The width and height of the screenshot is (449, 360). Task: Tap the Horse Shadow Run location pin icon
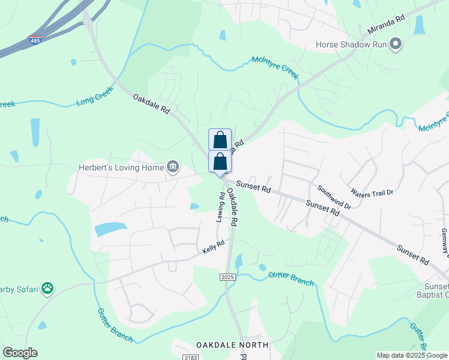point(396,44)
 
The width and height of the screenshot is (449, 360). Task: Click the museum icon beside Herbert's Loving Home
point(173,167)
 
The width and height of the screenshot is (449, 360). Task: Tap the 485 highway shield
point(35,41)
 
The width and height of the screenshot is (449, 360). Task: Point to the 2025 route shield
point(227,277)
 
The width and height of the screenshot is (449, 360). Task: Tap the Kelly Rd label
point(213,247)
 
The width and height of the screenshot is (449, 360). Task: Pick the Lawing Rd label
point(220,208)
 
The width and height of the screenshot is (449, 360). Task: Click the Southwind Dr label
point(334,197)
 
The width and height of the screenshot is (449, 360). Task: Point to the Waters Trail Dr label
point(372,193)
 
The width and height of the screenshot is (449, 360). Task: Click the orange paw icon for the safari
point(47,289)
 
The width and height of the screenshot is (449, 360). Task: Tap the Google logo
point(19,353)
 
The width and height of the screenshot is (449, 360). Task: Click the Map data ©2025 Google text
point(412,355)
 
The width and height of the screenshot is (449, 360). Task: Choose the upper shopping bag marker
point(220,139)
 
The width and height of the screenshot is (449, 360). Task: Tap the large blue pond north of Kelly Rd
point(110,229)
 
